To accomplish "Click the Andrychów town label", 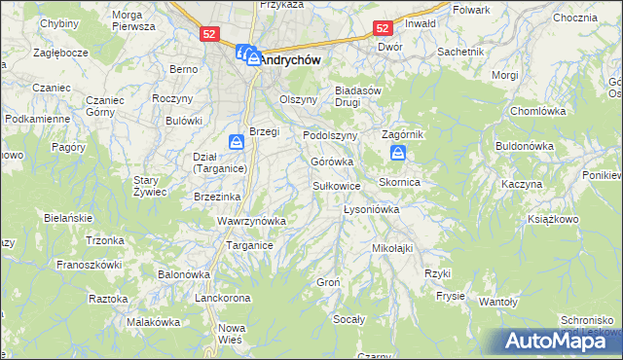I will (291, 58).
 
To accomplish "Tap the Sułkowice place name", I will (337, 185).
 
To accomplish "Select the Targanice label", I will (249, 245).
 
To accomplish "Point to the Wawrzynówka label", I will (251, 221).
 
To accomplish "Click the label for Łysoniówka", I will (373, 209).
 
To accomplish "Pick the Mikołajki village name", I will (392, 248).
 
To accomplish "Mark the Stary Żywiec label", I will (151, 186).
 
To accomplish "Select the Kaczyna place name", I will (521, 184).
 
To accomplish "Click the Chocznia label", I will (573, 18).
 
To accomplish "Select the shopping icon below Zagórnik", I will (398, 153).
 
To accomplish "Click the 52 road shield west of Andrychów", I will (209, 33).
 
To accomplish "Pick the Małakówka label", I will (155, 322).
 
